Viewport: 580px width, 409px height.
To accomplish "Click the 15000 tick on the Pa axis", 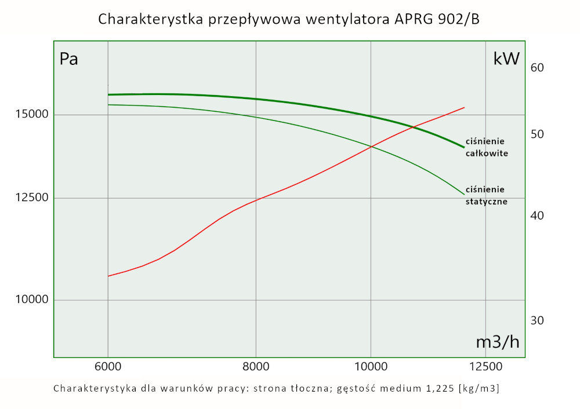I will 31,115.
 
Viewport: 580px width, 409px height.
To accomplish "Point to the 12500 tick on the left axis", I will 31,198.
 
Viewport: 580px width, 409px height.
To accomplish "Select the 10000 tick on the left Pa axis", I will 31,300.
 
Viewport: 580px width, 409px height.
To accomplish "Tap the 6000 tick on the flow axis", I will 108,366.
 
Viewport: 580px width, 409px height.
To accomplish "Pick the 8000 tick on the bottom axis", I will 256,366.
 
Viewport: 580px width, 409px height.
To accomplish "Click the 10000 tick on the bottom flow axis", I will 371,366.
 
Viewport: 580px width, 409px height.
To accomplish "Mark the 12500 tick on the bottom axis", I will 485,366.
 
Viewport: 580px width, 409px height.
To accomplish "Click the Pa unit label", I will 69,60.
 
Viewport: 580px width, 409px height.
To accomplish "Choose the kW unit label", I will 506,59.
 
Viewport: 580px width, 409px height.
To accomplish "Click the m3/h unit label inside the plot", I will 498,342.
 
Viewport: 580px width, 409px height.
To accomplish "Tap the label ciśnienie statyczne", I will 487,196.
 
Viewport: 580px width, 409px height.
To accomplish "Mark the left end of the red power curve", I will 108,276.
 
